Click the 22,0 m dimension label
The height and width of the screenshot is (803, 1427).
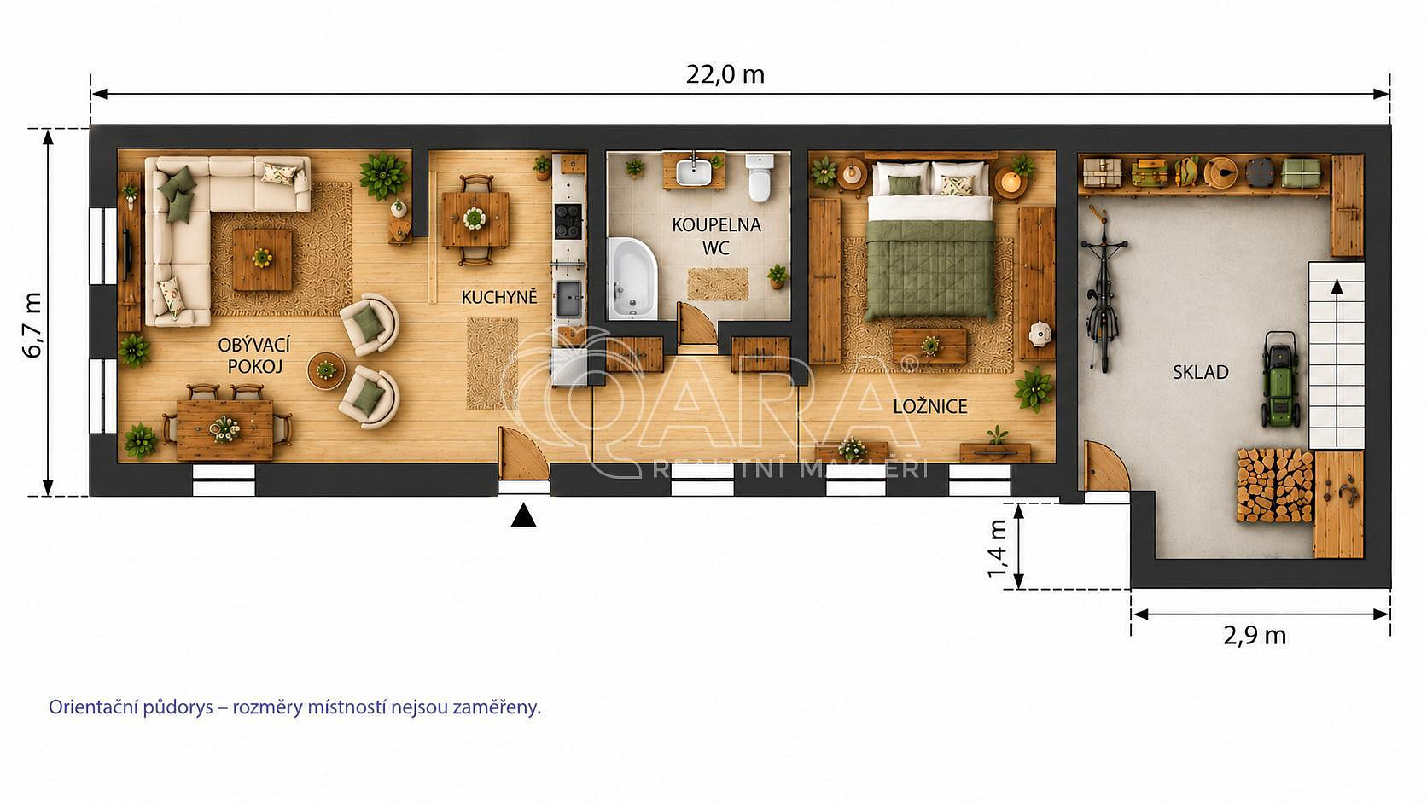725,75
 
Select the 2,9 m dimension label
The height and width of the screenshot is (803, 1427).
1255,636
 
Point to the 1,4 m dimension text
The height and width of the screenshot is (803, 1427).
998,549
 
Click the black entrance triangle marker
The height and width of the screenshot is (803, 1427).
523,515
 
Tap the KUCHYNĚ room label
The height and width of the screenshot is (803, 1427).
499,297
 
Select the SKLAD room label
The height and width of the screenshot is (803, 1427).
1201,372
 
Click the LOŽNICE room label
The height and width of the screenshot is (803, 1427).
930,406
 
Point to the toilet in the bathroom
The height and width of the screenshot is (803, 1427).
760,177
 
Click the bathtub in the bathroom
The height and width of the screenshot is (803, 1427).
632,278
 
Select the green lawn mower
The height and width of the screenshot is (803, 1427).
1281,379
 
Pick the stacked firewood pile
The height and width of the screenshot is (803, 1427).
1275,486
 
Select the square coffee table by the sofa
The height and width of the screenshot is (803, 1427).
262,259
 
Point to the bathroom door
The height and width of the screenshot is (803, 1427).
696,326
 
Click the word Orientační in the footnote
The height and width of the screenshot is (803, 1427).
90,707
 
